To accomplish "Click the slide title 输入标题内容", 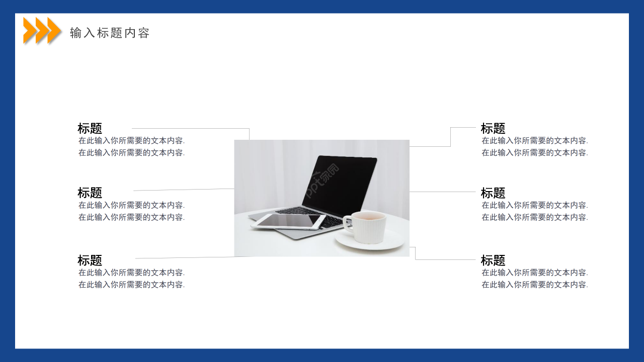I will point(110,33).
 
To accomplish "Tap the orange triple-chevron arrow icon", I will point(42,30).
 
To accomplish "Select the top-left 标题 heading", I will point(90,128).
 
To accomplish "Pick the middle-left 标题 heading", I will point(90,193).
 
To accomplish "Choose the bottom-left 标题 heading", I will point(90,260).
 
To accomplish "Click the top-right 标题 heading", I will point(493,128).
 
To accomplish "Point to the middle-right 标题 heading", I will point(493,193).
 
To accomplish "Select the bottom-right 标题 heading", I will point(493,260).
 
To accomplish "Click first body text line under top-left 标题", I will point(131,141).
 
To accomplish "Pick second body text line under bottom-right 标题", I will point(534,285).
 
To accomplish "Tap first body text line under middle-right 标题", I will point(534,205).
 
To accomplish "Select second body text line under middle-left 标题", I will point(131,217).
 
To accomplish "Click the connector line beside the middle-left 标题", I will point(184,190).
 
